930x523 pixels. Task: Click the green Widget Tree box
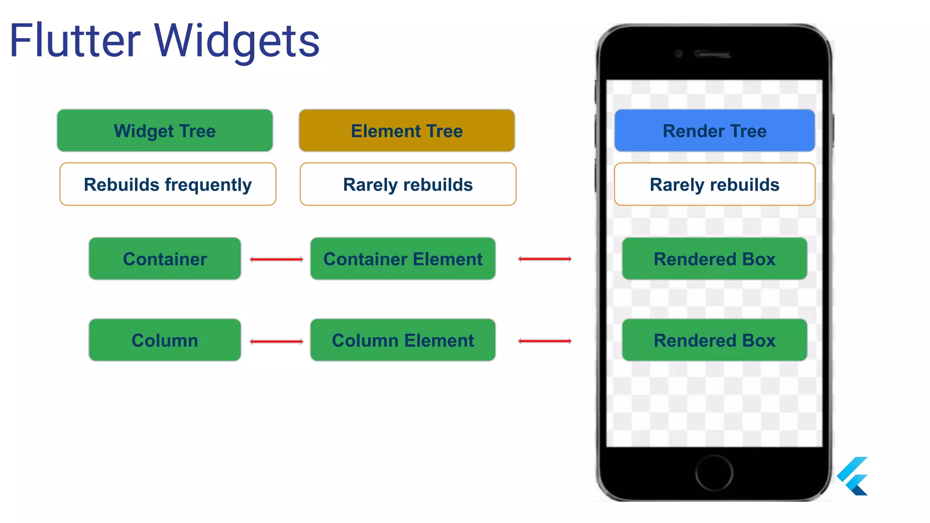(165, 131)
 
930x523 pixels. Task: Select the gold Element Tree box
(406, 131)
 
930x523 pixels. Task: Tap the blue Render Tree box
(714, 131)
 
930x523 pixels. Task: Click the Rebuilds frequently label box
(168, 184)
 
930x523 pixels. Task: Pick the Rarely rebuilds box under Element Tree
(408, 184)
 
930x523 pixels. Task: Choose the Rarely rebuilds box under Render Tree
(714, 184)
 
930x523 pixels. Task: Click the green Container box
(165, 259)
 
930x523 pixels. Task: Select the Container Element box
(403, 259)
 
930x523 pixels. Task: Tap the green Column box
(165, 340)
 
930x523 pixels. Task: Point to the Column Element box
(403, 340)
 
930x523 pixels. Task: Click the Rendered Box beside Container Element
(714, 259)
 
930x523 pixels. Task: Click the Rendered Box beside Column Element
(714, 340)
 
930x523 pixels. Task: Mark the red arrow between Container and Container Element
(277, 260)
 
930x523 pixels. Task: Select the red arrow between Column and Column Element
(277, 341)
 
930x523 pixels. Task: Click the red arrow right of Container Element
(545, 259)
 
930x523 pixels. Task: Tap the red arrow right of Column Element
(545, 341)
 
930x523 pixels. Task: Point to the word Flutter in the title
(75, 41)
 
